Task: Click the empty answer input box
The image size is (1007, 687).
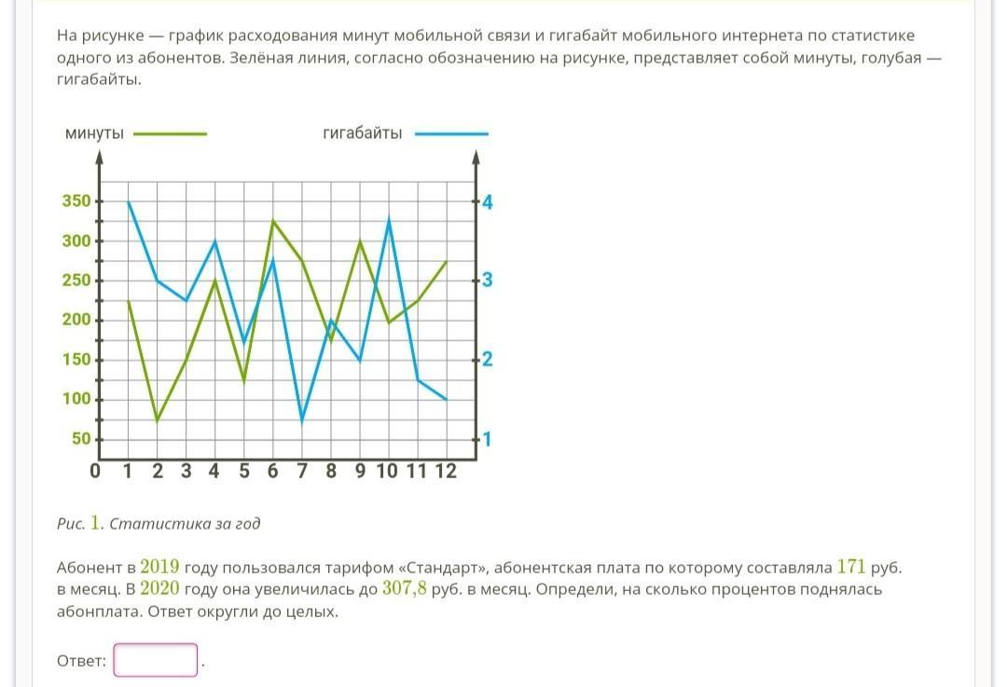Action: pos(156,660)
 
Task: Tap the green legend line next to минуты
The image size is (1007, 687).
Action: pos(170,134)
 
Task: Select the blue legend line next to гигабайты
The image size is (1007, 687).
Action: pos(451,134)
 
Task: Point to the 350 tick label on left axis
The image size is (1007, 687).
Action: pos(77,201)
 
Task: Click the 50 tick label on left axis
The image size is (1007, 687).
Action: pos(82,439)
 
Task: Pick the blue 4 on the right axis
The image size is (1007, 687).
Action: pos(487,201)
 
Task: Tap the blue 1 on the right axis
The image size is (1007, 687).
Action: pos(487,439)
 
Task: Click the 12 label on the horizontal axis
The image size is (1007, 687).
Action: pos(446,471)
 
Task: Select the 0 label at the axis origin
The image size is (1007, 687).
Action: pos(95,471)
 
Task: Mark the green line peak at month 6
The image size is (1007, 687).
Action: pos(272,221)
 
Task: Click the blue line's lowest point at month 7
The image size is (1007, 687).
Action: pos(301,421)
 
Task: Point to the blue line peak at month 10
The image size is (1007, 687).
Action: pos(388,219)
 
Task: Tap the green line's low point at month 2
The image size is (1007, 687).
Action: pos(157,421)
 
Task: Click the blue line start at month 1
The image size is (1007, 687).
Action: pos(128,201)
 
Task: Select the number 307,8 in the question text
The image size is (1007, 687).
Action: pos(405,589)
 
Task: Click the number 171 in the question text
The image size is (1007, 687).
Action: pos(852,567)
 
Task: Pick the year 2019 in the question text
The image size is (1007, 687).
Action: pos(159,567)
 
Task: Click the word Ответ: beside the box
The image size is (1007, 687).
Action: pos(81,661)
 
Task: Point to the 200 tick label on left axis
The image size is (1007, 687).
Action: pos(77,320)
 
